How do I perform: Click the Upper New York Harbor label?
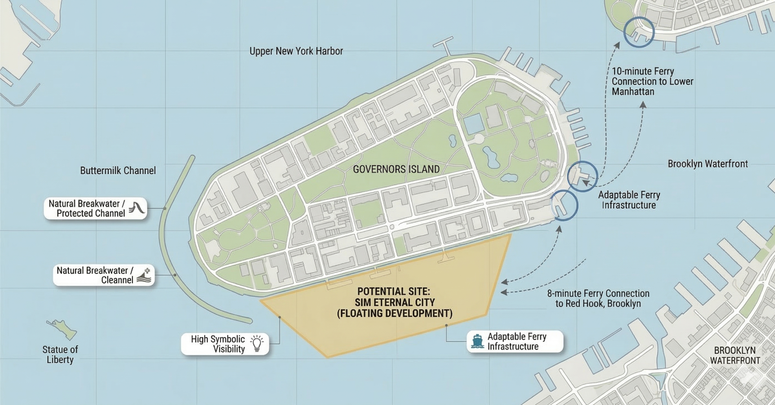tap(296, 51)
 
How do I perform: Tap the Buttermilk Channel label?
tap(118, 171)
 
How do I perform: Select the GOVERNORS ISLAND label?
tap(396, 169)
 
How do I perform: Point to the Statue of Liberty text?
tap(60, 354)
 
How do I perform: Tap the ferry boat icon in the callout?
tap(477, 341)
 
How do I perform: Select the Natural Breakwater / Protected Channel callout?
tap(95, 208)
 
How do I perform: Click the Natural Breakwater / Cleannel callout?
tap(104, 275)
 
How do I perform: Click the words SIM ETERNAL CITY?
tap(394, 302)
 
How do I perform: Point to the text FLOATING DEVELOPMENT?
tap(394, 313)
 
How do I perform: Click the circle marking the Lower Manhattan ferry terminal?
tap(639, 32)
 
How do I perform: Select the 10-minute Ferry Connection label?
tap(652, 81)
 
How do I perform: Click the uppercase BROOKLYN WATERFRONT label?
tap(735, 355)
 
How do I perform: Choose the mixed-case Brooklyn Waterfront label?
tap(708, 164)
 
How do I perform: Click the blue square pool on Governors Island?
tap(474, 124)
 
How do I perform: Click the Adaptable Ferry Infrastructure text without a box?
tap(629, 200)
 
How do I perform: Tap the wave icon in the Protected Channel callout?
tap(137, 208)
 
